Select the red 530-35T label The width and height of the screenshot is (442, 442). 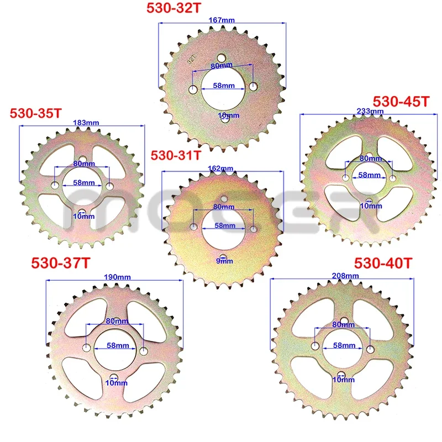point(35,113)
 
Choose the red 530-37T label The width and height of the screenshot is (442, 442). point(61,264)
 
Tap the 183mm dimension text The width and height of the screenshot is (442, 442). point(83,123)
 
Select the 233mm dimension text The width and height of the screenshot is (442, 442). point(370,111)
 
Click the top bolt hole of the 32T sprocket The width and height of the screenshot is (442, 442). point(222,57)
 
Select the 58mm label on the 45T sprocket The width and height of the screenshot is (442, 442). point(369,175)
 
